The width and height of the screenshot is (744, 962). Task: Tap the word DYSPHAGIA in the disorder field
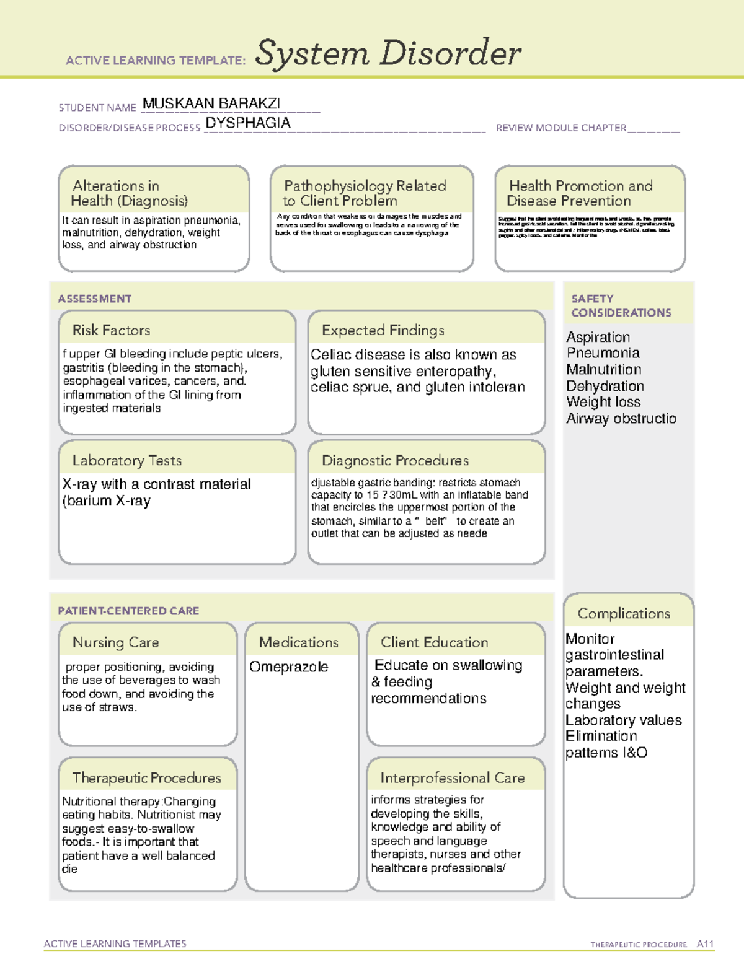pyautogui.click(x=247, y=123)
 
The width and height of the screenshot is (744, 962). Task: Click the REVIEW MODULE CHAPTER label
pyautogui.click(x=561, y=128)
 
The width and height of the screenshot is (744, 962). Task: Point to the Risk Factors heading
pyautogui.click(x=111, y=330)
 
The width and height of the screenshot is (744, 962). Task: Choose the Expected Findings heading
pyautogui.click(x=383, y=330)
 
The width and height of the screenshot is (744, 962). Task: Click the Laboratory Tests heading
pyautogui.click(x=126, y=460)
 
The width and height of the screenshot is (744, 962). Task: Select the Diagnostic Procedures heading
pyautogui.click(x=395, y=460)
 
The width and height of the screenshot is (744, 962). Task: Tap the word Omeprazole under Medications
pyautogui.click(x=288, y=667)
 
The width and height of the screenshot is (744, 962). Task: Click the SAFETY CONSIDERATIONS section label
pyautogui.click(x=621, y=306)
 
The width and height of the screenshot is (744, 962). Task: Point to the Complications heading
pyautogui.click(x=624, y=613)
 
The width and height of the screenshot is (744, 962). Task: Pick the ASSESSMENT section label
pyautogui.click(x=94, y=299)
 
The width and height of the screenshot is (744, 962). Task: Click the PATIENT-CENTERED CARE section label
pyautogui.click(x=128, y=611)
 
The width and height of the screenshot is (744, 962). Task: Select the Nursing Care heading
pyautogui.click(x=115, y=642)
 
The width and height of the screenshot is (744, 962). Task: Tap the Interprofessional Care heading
pyautogui.click(x=452, y=777)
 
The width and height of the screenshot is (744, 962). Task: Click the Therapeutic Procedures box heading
pyautogui.click(x=146, y=777)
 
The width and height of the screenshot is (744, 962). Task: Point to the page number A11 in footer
pyautogui.click(x=705, y=943)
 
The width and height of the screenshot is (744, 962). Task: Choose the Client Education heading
pyautogui.click(x=434, y=642)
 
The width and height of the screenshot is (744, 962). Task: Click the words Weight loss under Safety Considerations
pyautogui.click(x=603, y=402)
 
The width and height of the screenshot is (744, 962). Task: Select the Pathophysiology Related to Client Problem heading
pyautogui.click(x=365, y=193)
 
